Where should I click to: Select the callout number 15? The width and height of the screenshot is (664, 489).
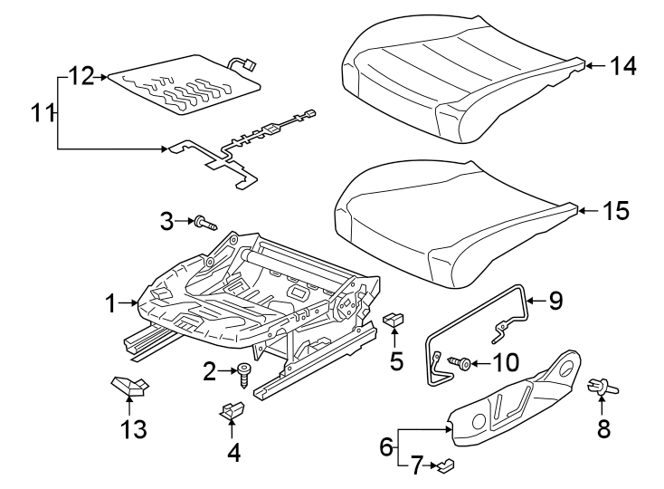pyautogui.click(x=615, y=211)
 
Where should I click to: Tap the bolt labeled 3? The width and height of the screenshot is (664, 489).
pyautogui.click(x=203, y=221)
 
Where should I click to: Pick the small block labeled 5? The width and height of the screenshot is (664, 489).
pyautogui.click(x=395, y=319)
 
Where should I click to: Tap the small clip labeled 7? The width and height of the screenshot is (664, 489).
pyautogui.click(x=446, y=466)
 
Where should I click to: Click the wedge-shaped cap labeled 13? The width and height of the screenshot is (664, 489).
pyautogui.click(x=128, y=388)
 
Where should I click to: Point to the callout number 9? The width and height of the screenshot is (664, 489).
pyautogui.click(x=555, y=300)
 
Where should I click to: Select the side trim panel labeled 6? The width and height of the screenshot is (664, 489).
pyautogui.click(x=516, y=403)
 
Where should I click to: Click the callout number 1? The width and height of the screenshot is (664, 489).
pyautogui.click(x=110, y=304)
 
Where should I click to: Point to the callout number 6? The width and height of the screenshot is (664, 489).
pyautogui.click(x=386, y=446)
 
